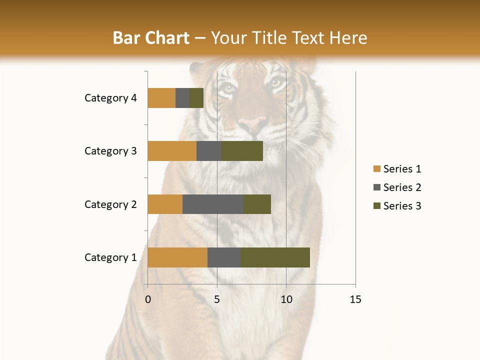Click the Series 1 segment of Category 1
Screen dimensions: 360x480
point(177,257)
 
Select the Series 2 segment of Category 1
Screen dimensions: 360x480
point(224,257)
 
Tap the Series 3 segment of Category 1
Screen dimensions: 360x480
point(275,257)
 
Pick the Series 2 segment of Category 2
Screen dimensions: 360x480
point(213,204)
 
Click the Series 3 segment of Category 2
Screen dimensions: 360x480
point(257,204)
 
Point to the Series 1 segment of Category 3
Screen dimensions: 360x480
point(172,151)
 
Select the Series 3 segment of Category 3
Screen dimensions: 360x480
point(242,151)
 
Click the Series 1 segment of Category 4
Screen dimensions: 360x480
point(161,98)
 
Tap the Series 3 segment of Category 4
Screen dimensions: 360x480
point(196,98)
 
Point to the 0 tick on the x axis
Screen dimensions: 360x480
point(148,299)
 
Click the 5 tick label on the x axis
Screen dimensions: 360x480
point(217,299)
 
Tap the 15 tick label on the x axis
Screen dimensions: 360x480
point(355,299)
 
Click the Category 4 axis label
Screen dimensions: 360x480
point(110,98)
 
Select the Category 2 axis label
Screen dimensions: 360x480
point(110,204)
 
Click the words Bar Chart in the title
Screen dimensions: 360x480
point(151,38)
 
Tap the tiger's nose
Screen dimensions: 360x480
point(252,122)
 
